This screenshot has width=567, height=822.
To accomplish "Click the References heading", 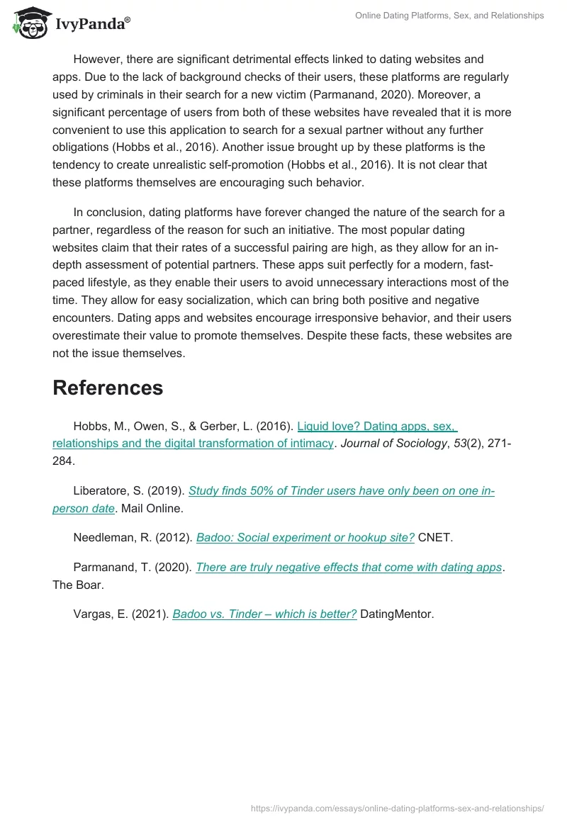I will [x=108, y=388].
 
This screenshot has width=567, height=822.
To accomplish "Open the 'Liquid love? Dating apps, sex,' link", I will [x=377, y=427].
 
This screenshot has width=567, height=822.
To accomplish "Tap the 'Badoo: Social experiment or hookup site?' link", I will [x=305, y=537].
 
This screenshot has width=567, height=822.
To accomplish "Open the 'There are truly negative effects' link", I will [x=349, y=567].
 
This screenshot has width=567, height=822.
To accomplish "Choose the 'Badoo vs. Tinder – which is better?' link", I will [x=264, y=614].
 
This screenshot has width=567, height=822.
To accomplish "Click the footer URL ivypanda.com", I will [x=398, y=808].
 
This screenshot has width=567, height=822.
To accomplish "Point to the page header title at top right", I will [x=450, y=16].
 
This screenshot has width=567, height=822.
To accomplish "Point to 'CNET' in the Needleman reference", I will [x=435, y=537].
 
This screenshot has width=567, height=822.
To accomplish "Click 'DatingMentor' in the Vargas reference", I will [x=396, y=614].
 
